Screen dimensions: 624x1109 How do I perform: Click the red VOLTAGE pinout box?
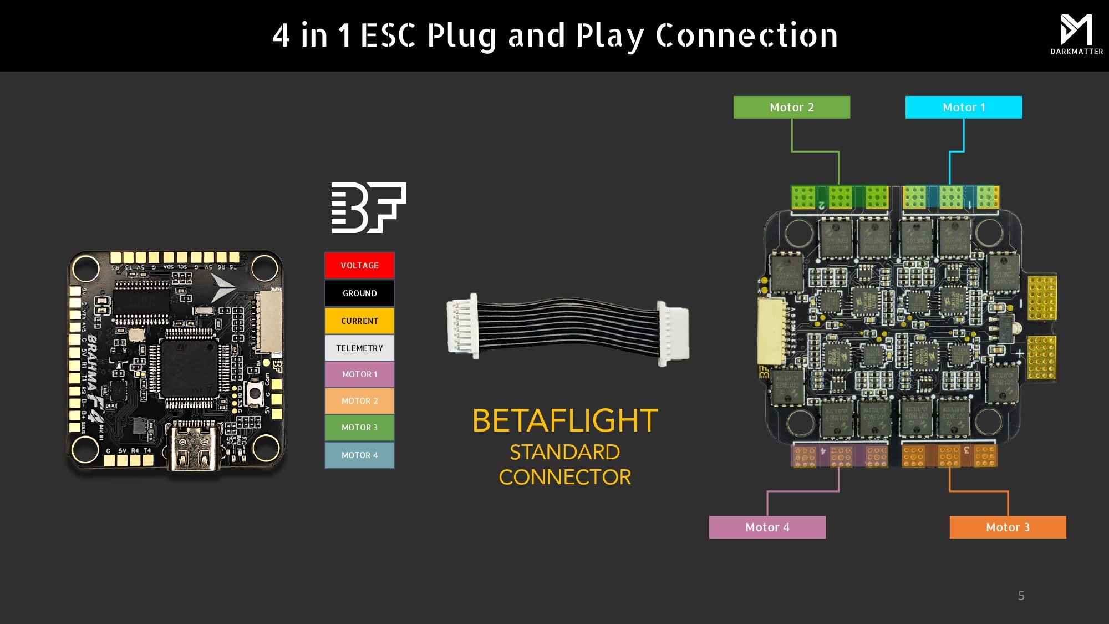[x=359, y=265]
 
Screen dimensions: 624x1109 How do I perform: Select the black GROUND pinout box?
[x=359, y=293]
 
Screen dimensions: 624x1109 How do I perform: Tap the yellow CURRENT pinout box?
[x=359, y=321]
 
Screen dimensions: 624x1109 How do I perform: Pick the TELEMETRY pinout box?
[x=359, y=348]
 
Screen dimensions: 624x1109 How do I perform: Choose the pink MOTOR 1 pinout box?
[x=359, y=374]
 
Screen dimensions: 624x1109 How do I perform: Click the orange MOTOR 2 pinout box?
[x=359, y=401]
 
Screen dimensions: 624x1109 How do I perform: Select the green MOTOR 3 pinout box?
[x=359, y=428]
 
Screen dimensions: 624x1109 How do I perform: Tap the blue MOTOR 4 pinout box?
[x=359, y=455]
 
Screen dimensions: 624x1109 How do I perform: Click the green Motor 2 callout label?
[x=791, y=107]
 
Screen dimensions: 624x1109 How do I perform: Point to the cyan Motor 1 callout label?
[x=963, y=107]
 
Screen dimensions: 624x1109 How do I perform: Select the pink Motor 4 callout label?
[x=767, y=527]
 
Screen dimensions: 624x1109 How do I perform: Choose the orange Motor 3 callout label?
[x=1008, y=527]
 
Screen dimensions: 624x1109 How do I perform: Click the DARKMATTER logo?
[x=1076, y=34]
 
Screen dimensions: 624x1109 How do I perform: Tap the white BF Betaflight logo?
[x=368, y=207]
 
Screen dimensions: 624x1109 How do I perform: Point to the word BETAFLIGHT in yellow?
[x=564, y=420]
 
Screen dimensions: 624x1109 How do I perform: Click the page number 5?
[x=1021, y=596]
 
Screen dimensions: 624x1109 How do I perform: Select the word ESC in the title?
[x=388, y=35]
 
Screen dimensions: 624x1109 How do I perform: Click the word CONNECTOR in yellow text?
[x=564, y=477]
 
